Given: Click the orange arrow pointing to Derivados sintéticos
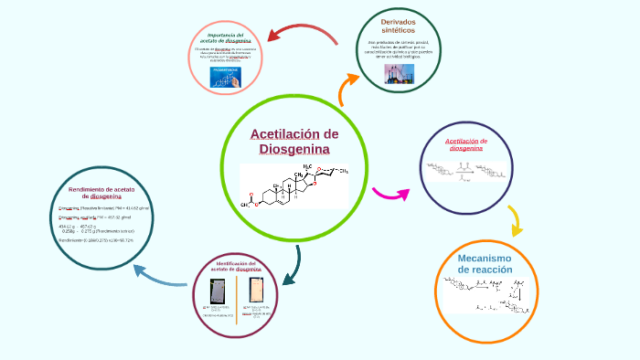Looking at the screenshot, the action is [x=347, y=89].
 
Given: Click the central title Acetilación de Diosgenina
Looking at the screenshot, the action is [x=294, y=142].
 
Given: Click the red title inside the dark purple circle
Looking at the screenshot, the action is [x=466, y=144].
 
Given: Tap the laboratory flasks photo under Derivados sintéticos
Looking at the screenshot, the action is [x=399, y=73].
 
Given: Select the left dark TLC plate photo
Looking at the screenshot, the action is [x=218, y=291].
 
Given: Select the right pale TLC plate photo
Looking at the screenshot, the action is [x=258, y=290].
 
